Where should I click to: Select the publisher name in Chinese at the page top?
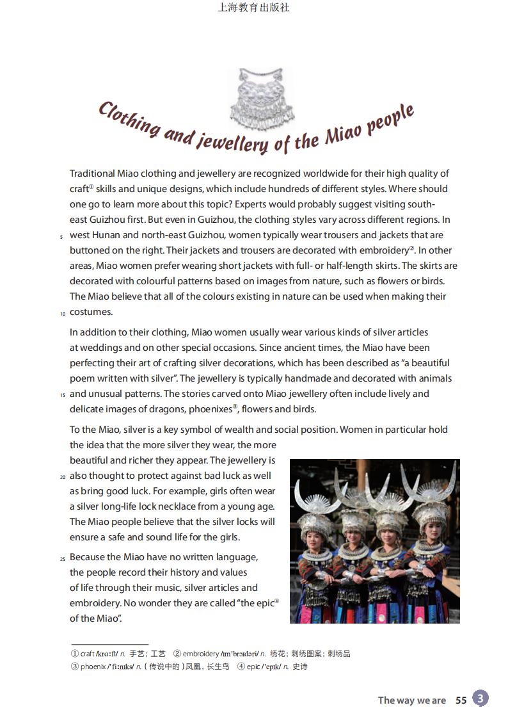pos(254,8)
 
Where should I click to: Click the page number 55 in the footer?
pos(461,700)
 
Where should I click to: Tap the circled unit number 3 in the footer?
pos(480,699)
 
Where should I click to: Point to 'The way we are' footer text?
pos(411,700)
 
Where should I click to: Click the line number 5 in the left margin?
pos(61,237)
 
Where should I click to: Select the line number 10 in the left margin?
pos(63,314)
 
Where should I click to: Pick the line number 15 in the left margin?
pos(63,395)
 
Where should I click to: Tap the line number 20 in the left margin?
pos(63,477)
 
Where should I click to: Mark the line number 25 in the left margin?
pos(63,559)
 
